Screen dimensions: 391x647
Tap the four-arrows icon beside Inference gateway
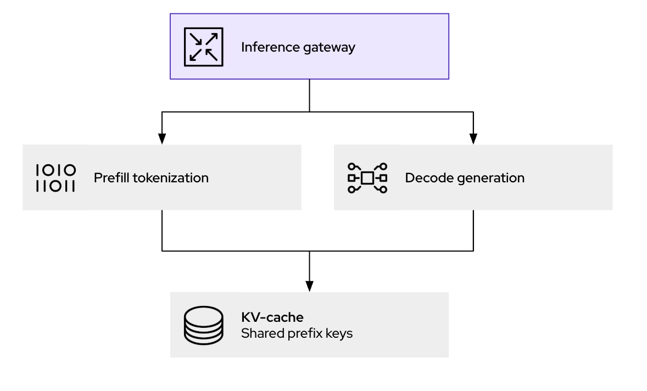(x=203, y=47)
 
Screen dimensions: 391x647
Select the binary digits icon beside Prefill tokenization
(x=55, y=178)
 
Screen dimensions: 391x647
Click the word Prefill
(x=110, y=178)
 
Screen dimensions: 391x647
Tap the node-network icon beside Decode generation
(x=367, y=178)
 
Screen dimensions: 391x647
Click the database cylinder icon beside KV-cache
(x=203, y=325)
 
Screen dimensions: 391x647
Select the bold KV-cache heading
(x=272, y=317)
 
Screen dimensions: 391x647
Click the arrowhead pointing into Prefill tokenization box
(x=162, y=139)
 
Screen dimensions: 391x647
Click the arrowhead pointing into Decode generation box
(x=473, y=139)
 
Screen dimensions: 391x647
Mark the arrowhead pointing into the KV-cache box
(x=309, y=286)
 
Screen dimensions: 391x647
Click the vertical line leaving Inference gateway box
(x=309, y=96)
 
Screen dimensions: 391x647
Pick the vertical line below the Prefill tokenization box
(x=162, y=230)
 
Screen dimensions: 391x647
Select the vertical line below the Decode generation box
(x=473, y=230)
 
